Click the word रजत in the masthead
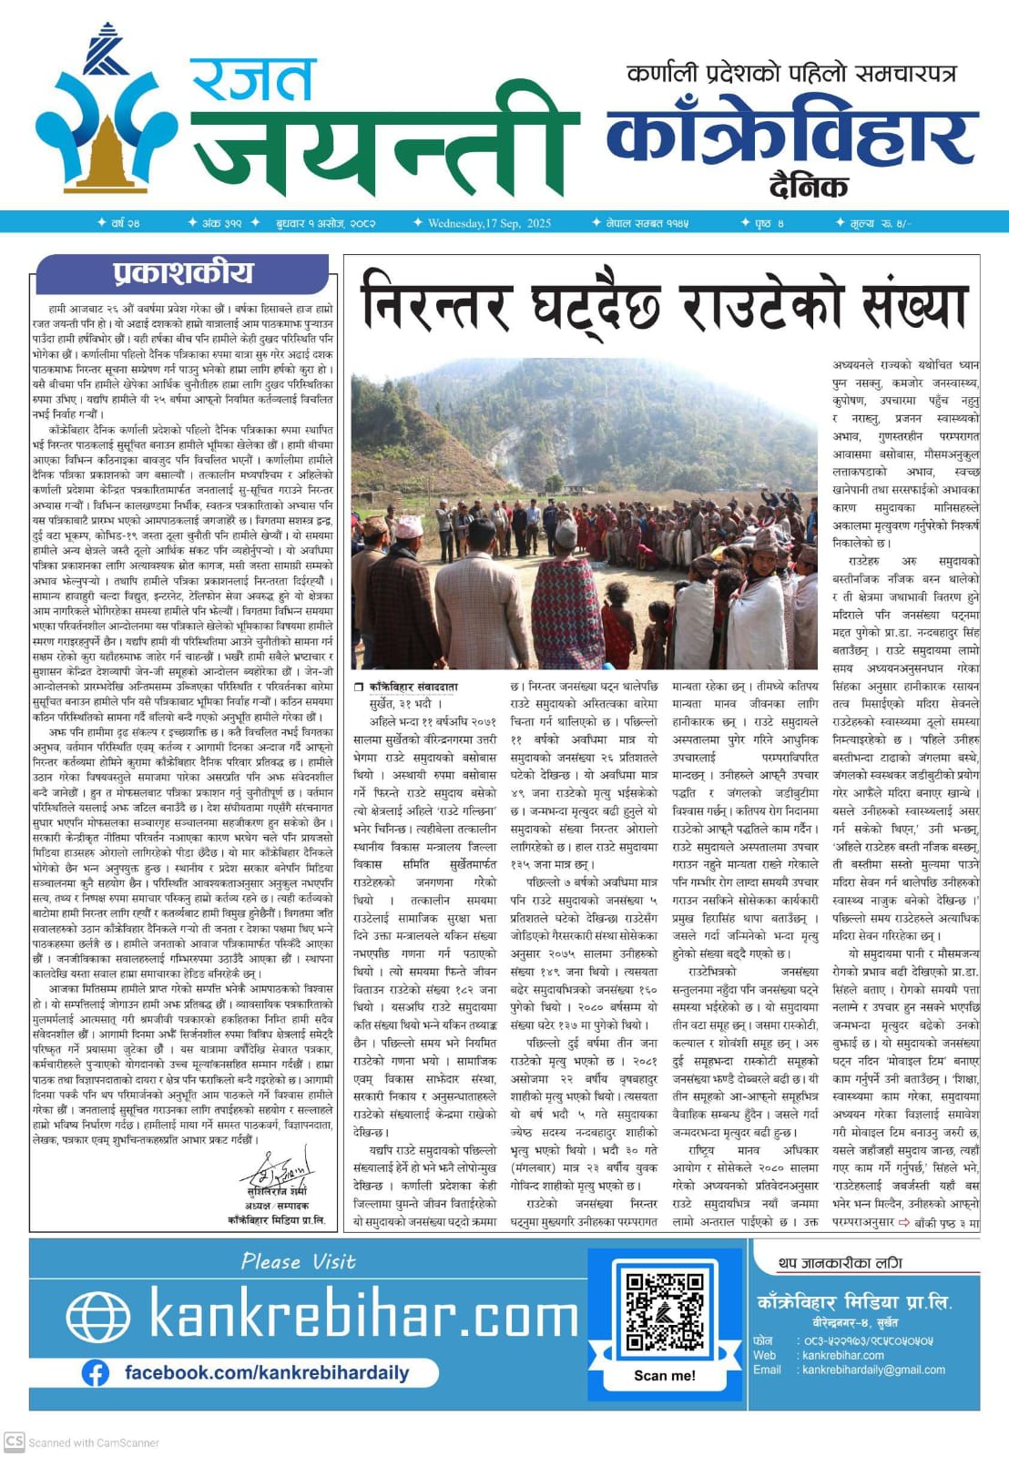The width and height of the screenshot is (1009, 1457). point(253,80)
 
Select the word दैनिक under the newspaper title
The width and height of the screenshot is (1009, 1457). point(808,186)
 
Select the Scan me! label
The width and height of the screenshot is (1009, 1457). point(665,1375)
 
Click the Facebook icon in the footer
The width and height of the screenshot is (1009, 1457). point(95,1373)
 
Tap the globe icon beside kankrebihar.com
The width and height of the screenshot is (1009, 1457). point(98,1317)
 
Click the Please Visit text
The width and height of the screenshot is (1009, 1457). point(299,1262)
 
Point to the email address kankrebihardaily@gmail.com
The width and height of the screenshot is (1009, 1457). point(873,1370)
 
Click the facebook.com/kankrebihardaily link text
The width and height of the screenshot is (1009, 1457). point(266,1372)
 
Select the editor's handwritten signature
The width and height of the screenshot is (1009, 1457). point(280,1167)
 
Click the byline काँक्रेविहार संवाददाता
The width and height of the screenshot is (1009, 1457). point(413,686)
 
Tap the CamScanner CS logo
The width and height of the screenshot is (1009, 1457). point(14,1442)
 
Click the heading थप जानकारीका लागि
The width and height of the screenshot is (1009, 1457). point(840,1263)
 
